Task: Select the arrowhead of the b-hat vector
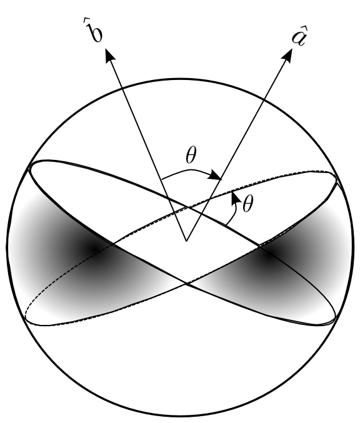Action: [109, 57]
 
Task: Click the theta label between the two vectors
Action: [192, 156]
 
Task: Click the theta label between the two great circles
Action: [247, 206]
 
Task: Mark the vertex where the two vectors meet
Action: [186, 240]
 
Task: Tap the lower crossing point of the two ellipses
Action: [186, 285]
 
